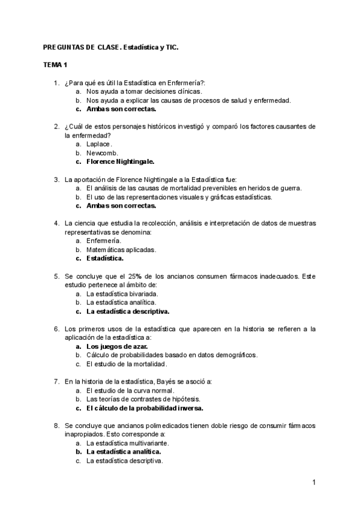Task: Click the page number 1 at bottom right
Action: coord(313,482)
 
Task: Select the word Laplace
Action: coord(99,144)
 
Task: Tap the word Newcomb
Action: coord(101,153)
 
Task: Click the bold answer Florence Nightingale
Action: coord(121,161)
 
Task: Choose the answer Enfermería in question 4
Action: coord(103,240)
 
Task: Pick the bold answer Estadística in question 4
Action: coord(105,258)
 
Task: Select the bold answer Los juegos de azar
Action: coord(117,346)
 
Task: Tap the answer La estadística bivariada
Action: coord(122,294)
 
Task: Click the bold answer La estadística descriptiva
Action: coord(128,312)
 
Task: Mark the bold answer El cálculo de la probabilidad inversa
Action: coord(145,408)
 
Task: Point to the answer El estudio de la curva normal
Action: coord(129,390)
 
